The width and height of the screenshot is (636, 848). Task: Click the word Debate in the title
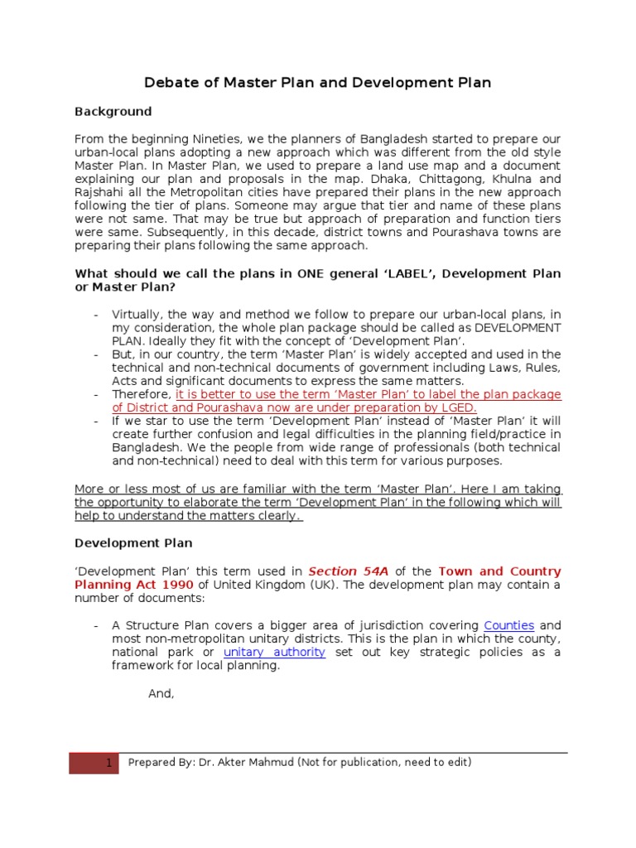click(170, 83)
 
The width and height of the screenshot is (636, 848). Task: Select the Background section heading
click(113, 112)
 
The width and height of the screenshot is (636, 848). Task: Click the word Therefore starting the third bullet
click(142, 395)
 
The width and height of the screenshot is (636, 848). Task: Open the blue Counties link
click(508, 626)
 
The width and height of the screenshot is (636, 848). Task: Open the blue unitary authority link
click(274, 653)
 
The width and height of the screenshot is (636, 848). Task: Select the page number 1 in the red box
click(108, 764)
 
